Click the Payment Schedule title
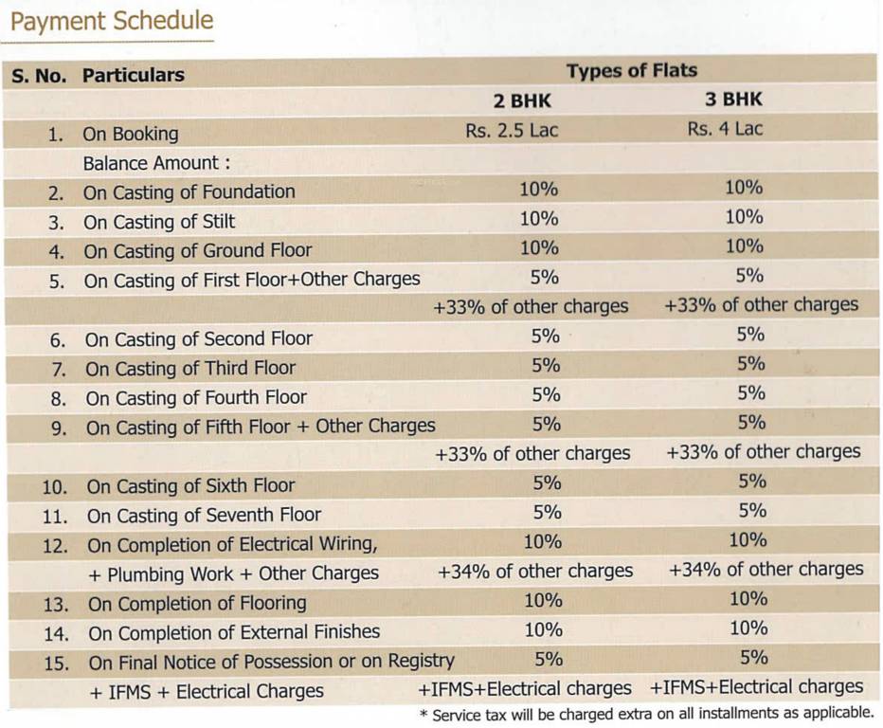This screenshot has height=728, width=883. pos(112,22)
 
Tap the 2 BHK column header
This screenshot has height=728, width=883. pos(521,100)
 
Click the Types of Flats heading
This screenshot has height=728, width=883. pos(631,70)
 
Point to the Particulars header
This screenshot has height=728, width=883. pos(134,75)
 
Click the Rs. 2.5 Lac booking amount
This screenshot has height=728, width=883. pos(512,130)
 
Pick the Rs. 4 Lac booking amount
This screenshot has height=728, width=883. pos(725,129)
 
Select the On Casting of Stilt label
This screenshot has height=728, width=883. pos(159,222)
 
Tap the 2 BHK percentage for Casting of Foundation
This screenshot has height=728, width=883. pos(538,189)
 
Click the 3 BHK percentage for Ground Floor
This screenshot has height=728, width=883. pos(744,246)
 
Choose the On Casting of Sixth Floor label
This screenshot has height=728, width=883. pos(190,486)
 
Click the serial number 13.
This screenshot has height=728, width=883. pos(55,604)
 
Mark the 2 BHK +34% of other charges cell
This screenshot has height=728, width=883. pos(535,571)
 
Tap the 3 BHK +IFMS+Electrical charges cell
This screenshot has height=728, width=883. pos(757,687)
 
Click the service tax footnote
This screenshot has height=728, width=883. pos(646,713)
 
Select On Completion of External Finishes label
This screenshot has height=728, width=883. pos(234,632)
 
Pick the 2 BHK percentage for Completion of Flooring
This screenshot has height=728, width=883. pos(543,600)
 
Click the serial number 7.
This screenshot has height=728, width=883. pos(58,369)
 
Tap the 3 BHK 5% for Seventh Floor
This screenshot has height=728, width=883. pos(752,511)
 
